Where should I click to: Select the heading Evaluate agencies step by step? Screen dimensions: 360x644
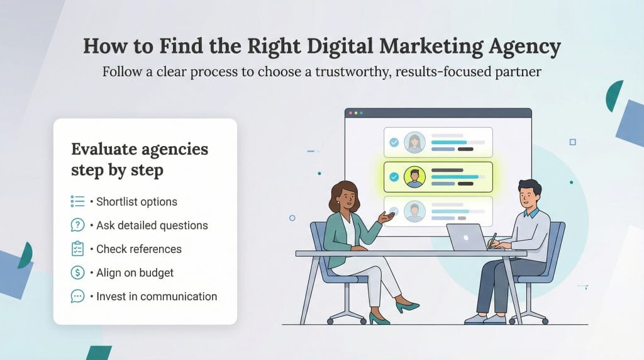coord(139,159)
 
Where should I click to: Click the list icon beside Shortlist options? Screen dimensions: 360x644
coord(78,201)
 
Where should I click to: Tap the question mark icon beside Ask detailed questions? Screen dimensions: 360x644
coord(78,225)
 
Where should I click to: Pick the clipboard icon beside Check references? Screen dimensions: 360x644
coord(78,249)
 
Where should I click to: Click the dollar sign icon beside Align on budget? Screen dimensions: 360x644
coord(78,273)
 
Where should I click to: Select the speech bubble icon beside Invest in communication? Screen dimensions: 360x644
coord(78,296)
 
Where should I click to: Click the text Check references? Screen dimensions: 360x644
coord(139,249)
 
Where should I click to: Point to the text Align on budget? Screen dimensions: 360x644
coord(135,273)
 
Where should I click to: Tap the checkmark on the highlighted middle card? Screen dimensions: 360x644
coord(394,177)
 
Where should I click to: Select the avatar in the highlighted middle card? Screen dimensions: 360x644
coord(414,177)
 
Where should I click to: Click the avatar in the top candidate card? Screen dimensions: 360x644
coord(414,142)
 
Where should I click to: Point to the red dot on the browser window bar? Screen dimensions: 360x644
coord(350,113)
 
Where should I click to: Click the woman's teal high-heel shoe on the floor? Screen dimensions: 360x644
coord(408,307)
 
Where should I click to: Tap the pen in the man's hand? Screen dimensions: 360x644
coord(494,239)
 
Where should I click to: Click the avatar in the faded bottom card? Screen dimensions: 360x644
coord(414,211)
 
